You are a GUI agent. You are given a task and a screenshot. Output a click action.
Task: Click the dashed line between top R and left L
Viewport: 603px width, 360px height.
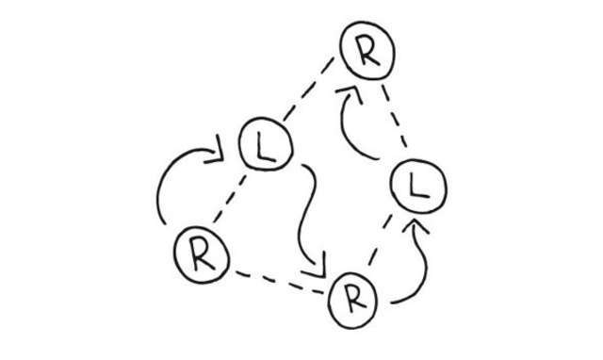(308, 89)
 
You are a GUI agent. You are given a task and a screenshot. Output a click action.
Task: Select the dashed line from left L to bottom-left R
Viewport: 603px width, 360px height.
(229, 199)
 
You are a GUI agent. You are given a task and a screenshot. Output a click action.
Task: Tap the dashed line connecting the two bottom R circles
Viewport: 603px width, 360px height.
(280, 283)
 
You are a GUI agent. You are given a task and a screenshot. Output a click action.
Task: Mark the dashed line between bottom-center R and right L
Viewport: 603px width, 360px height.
(380, 240)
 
